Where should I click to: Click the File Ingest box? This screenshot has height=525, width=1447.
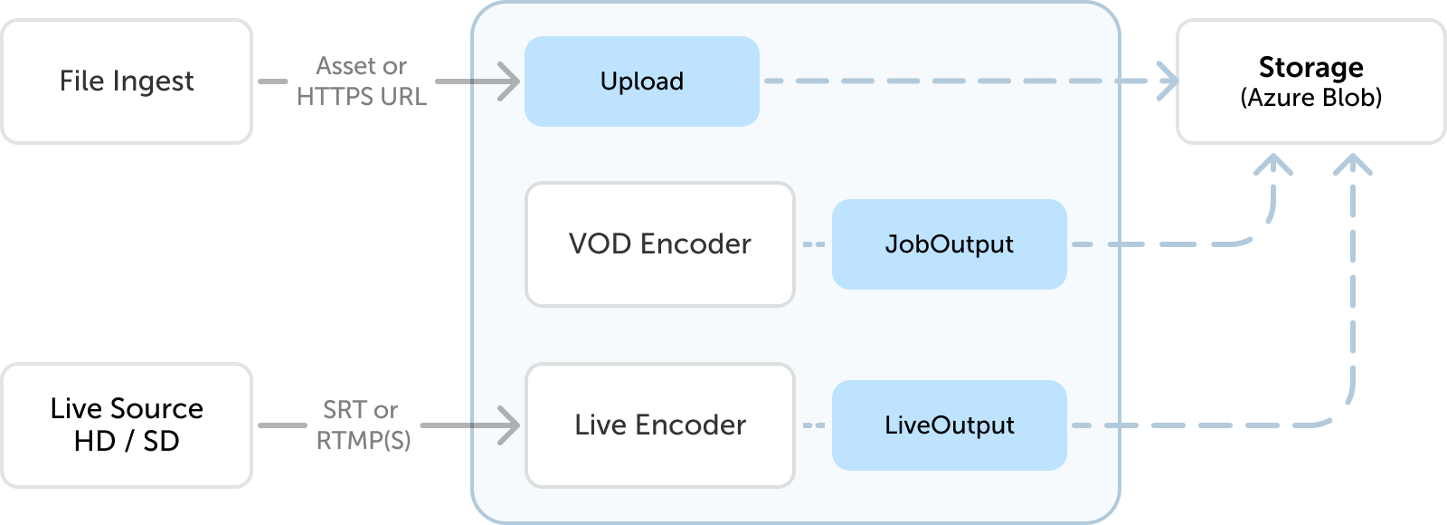click(x=127, y=81)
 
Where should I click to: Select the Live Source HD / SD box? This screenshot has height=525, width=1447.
click(x=127, y=425)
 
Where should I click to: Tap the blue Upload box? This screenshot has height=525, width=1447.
click(x=642, y=81)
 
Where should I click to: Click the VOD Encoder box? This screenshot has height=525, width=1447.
click(x=660, y=244)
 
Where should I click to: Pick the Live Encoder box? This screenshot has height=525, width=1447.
click(x=660, y=425)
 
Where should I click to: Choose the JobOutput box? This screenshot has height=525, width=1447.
click(x=950, y=244)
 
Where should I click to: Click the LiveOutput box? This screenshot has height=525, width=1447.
click(x=950, y=425)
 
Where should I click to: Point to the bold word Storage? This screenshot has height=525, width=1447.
click(x=1310, y=67)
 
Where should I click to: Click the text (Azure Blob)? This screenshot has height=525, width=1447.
click(x=1310, y=98)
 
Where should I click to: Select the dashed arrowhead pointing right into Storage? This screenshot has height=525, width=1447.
click(x=1169, y=81)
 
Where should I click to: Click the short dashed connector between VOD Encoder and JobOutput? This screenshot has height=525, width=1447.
click(x=814, y=244)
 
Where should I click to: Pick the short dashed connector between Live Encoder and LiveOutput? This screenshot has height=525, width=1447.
click(x=814, y=425)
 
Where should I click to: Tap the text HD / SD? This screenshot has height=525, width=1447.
click(x=127, y=442)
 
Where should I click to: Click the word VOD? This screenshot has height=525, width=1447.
click(x=601, y=244)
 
